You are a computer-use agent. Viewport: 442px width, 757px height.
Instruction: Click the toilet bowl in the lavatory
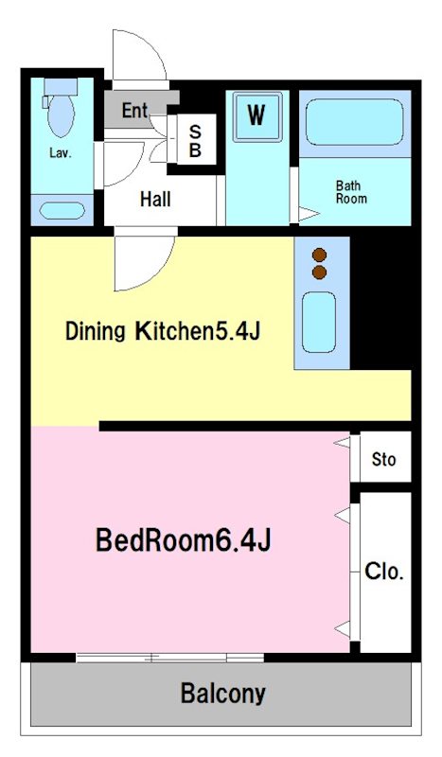coord(62,114)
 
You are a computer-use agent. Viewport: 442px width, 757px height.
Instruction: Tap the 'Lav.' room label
coord(61,153)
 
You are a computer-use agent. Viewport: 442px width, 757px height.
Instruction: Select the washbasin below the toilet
coord(62,210)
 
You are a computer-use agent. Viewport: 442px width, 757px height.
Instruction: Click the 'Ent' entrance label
coord(134,111)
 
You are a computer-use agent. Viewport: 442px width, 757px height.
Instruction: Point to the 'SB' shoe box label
coord(195,140)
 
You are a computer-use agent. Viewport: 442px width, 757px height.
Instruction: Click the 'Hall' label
coord(155,199)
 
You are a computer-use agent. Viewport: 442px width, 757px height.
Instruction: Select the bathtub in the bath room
coord(354,122)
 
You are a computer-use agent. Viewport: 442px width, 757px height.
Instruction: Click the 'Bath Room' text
coord(351,192)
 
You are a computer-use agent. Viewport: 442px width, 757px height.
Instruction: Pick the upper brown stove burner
coord(319,255)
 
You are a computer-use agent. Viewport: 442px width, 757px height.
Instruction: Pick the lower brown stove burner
coord(319,273)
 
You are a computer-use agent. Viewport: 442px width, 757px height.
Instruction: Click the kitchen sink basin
coord(319,322)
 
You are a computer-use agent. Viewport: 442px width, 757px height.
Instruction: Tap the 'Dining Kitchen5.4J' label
coord(163,331)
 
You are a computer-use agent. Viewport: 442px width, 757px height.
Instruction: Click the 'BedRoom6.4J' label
coord(183,540)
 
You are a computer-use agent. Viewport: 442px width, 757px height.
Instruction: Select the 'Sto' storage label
coord(384,459)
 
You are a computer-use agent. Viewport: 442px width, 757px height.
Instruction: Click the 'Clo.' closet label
coord(384,572)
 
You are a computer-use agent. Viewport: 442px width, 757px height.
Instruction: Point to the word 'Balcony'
coord(223,694)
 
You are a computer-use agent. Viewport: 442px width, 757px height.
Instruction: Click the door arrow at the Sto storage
coord(342,442)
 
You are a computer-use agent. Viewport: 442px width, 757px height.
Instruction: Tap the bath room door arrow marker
coord(309,214)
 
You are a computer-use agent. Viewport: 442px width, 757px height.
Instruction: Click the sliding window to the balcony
coord(170,657)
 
